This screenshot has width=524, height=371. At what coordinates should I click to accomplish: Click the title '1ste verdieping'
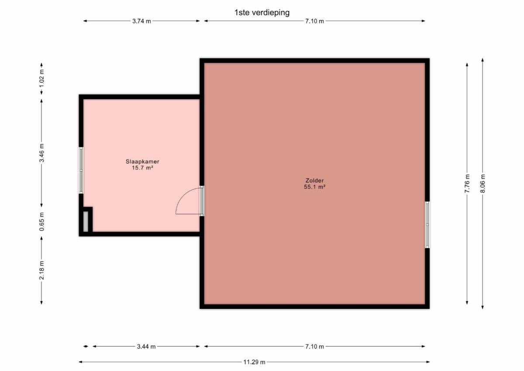pos(262,12)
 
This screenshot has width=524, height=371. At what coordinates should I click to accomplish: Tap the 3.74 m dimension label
pos(141,21)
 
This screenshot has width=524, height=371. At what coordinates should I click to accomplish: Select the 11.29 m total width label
pos(254,362)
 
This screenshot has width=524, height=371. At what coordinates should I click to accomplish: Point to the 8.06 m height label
pos(483,184)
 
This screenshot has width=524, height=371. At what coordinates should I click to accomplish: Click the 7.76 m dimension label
pos(467,184)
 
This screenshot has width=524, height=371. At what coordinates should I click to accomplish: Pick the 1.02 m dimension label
pos(41,78)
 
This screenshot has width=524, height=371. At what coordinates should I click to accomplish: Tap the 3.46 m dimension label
pos(41,153)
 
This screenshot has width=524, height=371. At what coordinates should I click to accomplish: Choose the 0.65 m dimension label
pos(41,222)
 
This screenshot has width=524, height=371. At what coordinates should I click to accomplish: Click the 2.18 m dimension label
pos(41,270)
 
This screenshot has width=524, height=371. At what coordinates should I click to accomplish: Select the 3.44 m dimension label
pos(146,347)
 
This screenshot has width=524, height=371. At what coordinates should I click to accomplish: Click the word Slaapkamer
pos(142,162)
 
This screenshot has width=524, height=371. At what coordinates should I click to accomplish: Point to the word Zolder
pos(315,180)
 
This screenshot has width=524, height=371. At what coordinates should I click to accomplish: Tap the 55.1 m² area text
pos(315,187)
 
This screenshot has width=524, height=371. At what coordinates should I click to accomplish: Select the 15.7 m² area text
pos(142,168)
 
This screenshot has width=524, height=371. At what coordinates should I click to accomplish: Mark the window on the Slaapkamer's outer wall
pos(81,170)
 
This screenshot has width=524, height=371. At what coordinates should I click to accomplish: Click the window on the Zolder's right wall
pos(427,225)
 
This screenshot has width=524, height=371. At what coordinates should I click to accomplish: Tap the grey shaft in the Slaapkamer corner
pos(86,222)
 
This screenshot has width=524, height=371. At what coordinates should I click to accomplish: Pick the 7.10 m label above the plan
pos(315,21)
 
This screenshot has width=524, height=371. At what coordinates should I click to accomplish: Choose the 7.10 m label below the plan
pos(315,347)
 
